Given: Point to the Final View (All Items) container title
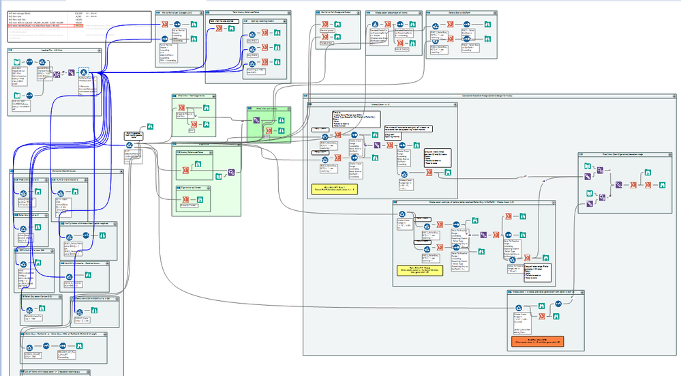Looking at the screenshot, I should [x=264, y=109].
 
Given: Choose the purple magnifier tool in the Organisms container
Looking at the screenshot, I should [x=231, y=172].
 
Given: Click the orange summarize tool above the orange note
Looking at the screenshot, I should [x=541, y=316].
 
